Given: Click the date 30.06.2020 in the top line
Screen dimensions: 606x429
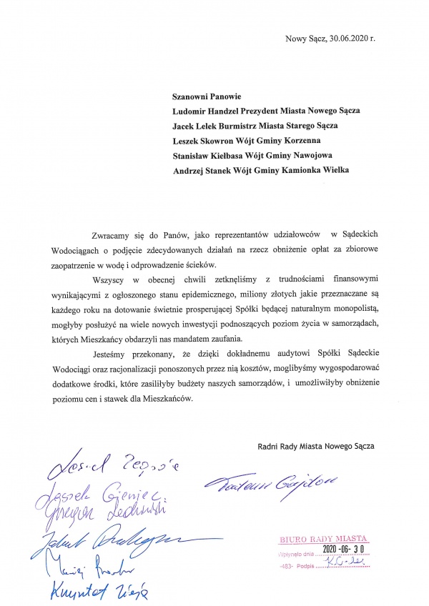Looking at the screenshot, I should tap(348, 38).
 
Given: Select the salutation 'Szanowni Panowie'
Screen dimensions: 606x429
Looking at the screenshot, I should tap(207, 95).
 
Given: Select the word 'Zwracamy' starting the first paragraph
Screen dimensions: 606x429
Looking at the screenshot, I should tap(111, 236).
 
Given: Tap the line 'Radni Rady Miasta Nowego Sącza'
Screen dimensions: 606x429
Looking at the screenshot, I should tap(315, 447).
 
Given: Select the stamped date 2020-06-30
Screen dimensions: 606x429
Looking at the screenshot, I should tap(343, 549).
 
